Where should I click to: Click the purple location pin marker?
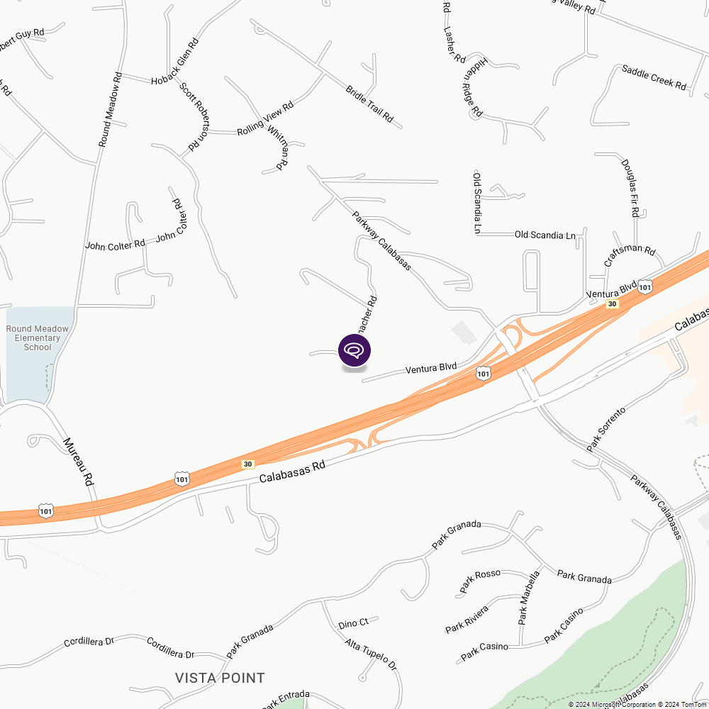click(x=354, y=350)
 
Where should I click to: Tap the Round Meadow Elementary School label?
click(x=38, y=337)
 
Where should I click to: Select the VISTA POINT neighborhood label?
click(x=220, y=679)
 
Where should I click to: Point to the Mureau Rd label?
click(x=79, y=461)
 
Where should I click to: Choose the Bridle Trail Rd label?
click(x=369, y=104)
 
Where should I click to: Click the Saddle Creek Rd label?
click(x=654, y=77)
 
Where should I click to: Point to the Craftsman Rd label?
click(x=630, y=257)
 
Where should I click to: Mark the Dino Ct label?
click(x=353, y=623)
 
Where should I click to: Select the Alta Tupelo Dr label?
click(x=370, y=654)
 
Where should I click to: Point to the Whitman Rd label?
click(x=277, y=147)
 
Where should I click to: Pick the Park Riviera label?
click(x=467, y=620)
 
